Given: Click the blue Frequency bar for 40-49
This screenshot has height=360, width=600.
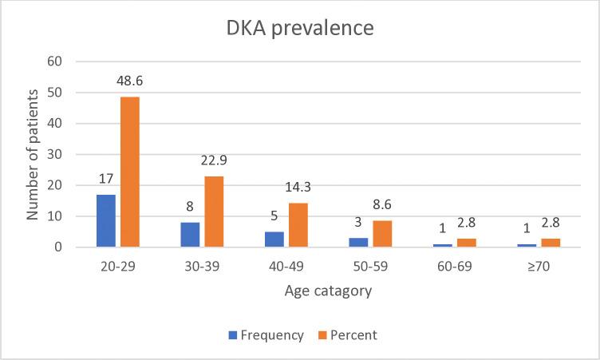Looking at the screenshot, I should pos(275,239).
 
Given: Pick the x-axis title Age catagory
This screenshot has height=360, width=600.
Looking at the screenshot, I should pos(327,291).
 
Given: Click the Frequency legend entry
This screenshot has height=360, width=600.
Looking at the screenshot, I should pos(268,335).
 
